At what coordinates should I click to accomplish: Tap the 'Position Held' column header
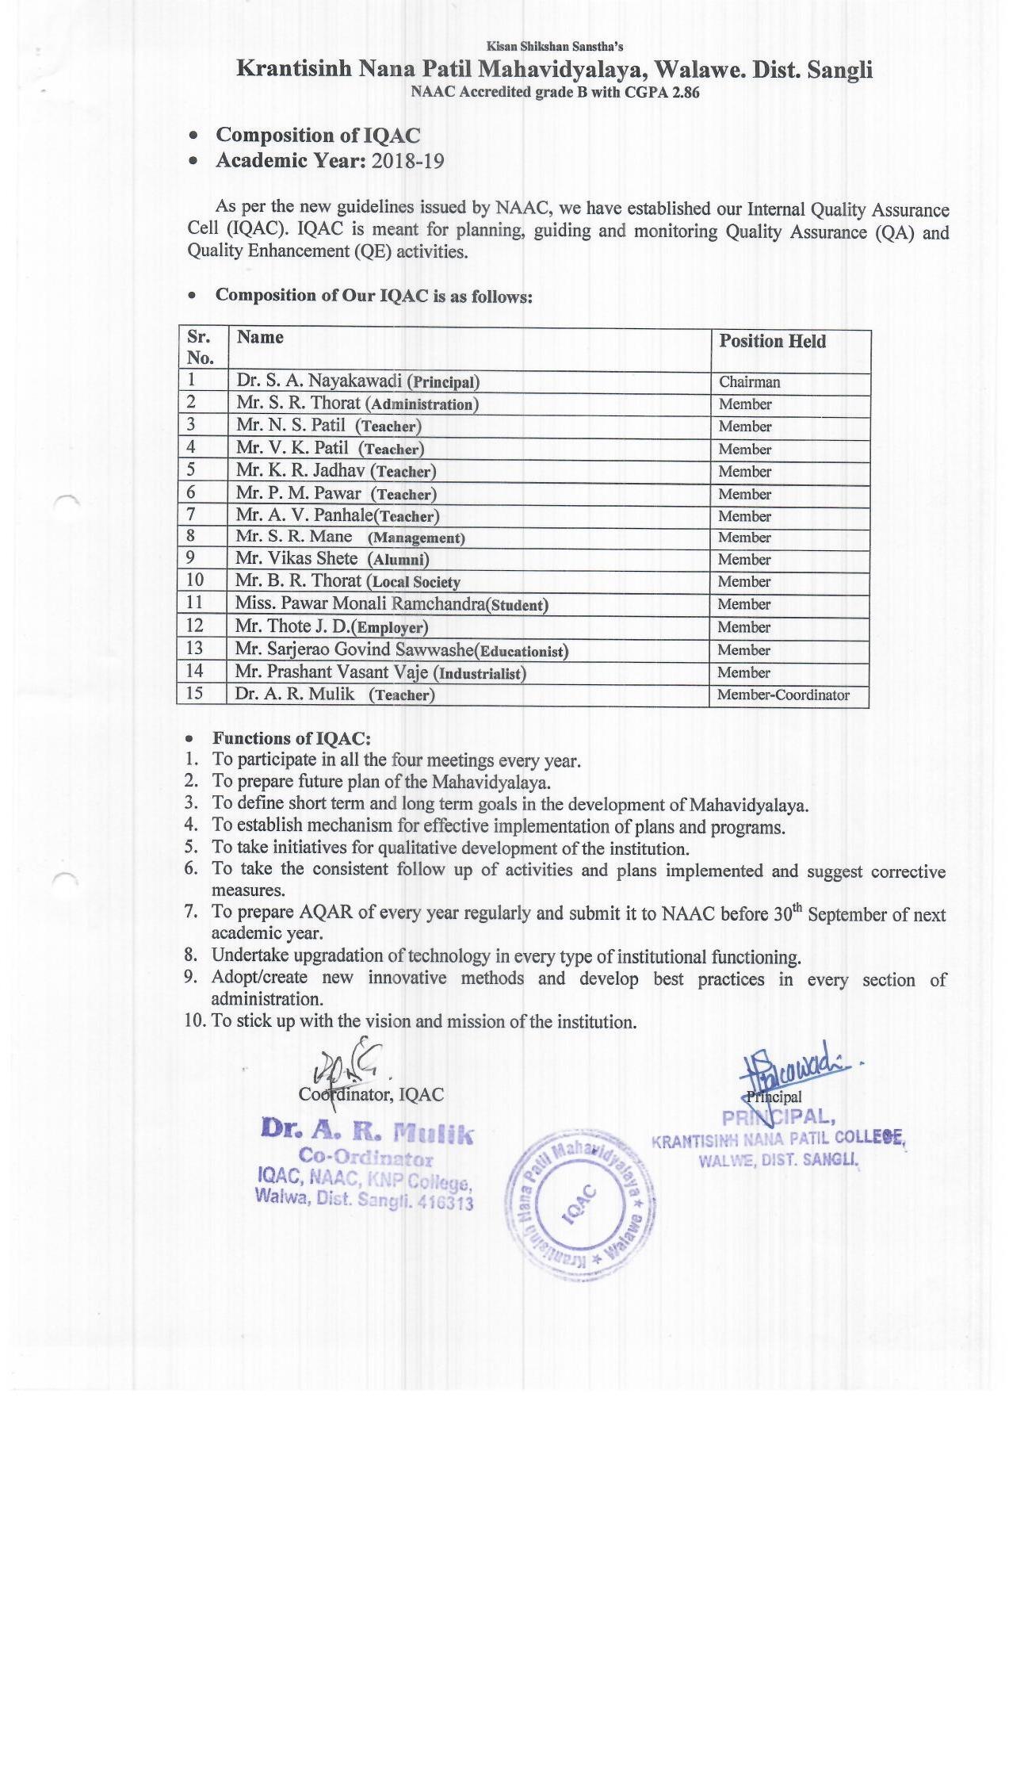pos(772,341)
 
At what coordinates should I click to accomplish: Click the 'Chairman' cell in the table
pos(749,382)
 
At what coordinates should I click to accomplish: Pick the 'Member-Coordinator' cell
pos(783,695)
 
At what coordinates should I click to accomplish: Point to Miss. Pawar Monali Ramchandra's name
pos(360,603)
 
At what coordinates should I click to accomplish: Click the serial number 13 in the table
pos(194,649)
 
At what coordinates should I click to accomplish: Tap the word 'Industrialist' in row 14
pos(482,674)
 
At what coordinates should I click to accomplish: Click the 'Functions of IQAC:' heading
pos(291,738)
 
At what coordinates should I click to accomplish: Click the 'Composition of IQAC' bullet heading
pos(318,136)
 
